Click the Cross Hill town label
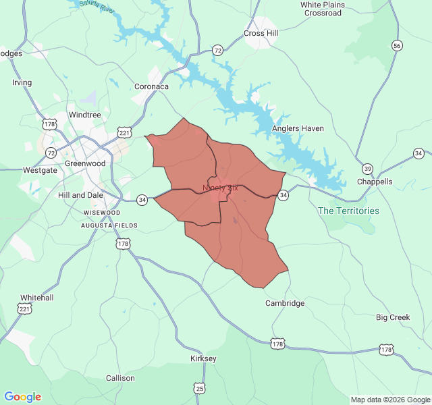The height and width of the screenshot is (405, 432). tap(261, 33)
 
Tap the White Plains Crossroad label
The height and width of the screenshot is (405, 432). tap(322, 9)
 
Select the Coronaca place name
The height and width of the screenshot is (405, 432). tap(151, 86)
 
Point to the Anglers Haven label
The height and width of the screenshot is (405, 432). tap(298, 128)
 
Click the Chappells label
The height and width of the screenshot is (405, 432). tap(375, 182)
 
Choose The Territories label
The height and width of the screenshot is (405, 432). tap(348, 211)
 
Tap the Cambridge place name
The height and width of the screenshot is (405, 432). tap(285, 303)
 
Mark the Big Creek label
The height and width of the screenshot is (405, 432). tap(393, 317)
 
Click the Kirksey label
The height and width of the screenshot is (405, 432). tap(203, 358)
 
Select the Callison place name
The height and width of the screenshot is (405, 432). tap(120, 378)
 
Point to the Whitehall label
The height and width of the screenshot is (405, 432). tap(36, 297)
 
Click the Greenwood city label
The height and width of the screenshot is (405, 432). tap(85, 163)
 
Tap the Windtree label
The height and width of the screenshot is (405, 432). tap(84, 115)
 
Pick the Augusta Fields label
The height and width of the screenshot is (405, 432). tap(109, 225)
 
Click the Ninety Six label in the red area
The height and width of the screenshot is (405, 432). tap(220, 188)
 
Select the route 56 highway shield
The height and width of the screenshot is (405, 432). tap(398, 45)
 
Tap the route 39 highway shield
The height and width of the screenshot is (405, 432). tap(367, 168)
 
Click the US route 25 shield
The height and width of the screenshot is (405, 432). tap(199, 388)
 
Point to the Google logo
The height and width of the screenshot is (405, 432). tap(22, 397)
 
